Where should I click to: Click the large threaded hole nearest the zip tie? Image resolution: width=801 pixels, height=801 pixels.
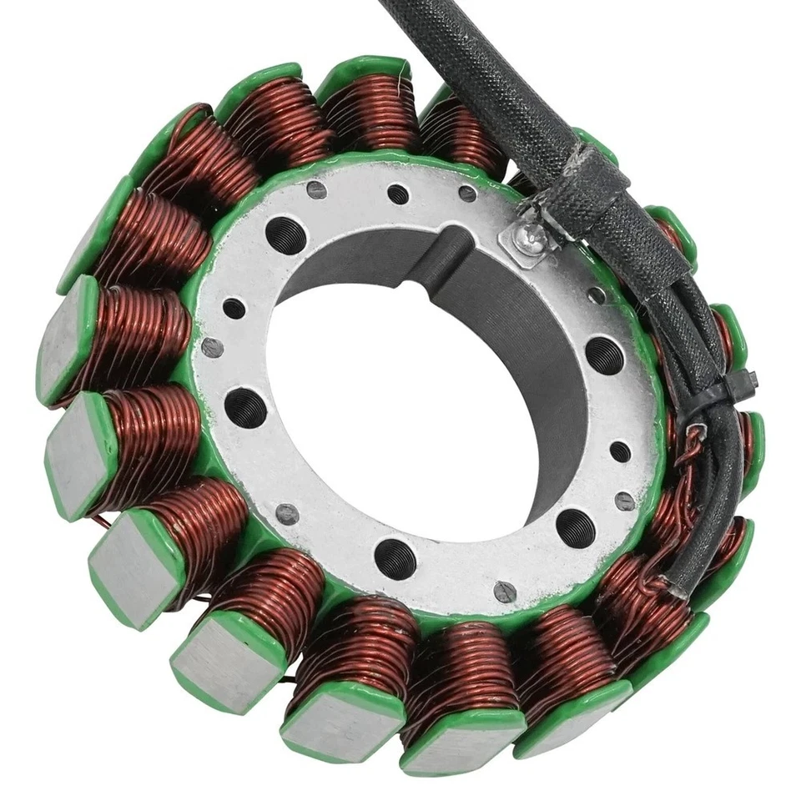(x=604, y=354)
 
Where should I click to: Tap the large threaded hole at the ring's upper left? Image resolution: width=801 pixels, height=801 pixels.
(x=285, y=235)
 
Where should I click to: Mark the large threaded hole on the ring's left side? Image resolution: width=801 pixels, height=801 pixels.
(x=245, y=407)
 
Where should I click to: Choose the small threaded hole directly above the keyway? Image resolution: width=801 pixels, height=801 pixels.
(x=398, y=194)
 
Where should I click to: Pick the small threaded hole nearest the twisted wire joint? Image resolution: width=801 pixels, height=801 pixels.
(x=620, y=451)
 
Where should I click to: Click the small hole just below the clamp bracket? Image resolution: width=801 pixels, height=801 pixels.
(x=596, y=295)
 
